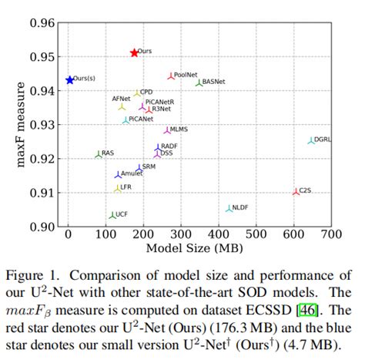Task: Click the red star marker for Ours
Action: [x=135, y=52]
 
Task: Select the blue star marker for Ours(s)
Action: [x=70, y=79]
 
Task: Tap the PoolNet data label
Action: [x=186, y=75]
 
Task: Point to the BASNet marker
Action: [x=199, y=82]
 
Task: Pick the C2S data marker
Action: [x=296, y=191]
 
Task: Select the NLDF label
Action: [x=240, y=207]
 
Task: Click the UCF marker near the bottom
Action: [x=112, y=215]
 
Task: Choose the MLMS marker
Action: [x=167, y=130]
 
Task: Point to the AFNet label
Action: [x=121, y=99]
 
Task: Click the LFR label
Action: [x=126, y=187]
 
